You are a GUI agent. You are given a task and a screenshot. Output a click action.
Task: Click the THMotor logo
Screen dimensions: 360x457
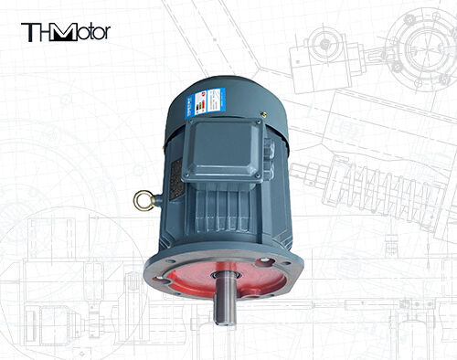65,32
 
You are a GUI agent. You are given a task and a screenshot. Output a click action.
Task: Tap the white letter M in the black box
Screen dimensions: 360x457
65,32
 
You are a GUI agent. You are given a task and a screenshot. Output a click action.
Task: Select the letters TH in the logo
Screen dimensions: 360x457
37,32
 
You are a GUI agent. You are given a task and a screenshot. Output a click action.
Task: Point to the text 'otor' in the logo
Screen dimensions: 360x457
93,33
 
